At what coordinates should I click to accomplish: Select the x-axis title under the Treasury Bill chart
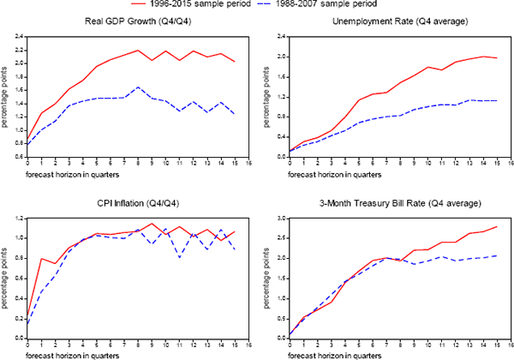pyautogui.click(x=319, y=353)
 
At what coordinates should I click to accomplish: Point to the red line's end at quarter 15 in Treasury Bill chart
pyautogui.click(x=496, y=227)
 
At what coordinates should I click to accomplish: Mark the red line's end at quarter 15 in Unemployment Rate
pyautogui.click(x=496, y=57)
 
